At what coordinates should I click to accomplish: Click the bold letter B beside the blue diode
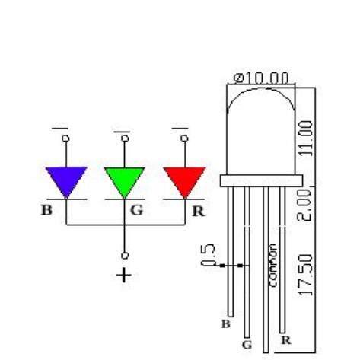(x=46, y=210)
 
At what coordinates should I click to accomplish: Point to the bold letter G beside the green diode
(x=136, y=210)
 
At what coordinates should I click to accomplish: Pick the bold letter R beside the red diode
(x=199, y=211)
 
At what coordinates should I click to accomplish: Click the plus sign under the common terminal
(x=124, y=275)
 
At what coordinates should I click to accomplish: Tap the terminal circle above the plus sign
(x=125, y=255)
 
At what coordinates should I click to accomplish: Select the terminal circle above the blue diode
(x=66, y=139)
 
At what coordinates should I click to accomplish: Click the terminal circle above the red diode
(x=184, y=139)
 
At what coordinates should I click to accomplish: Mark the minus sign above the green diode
(x=122, y=132)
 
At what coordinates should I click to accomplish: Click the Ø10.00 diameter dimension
(x=261, y=78)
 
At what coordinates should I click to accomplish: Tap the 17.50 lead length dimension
(x=305, y=275)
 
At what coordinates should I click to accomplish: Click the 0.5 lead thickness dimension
(x=208, y=254)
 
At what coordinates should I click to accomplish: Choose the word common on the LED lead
(x=272, y=266)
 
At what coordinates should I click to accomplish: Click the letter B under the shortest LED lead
(x=226, y=323)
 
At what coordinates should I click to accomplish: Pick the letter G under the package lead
(x=247, y=345)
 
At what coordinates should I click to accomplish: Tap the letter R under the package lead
(x=286, y=340)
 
